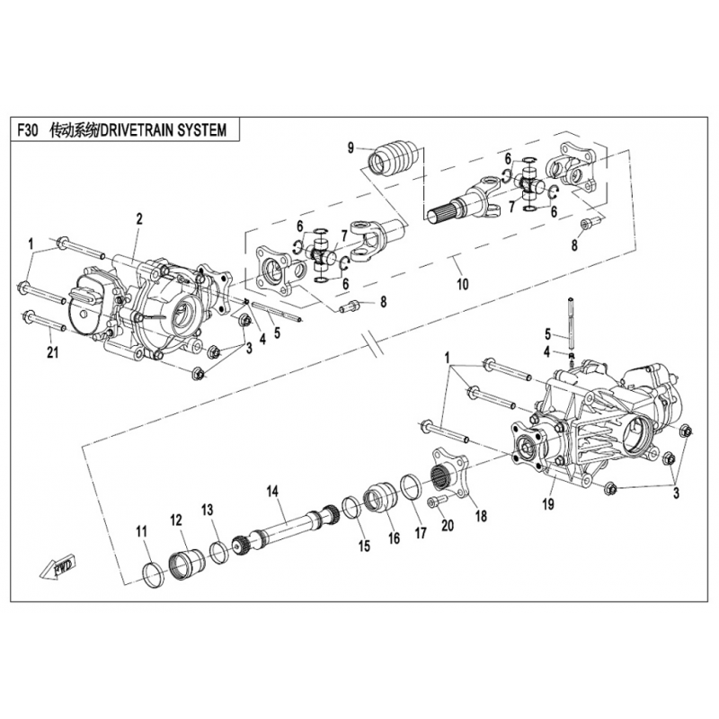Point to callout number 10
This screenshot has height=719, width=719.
tap(462, 285)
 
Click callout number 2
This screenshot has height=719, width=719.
tap(139, 218)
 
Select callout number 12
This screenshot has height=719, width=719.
tap(176, 519)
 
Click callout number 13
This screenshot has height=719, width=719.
tap(208, 510)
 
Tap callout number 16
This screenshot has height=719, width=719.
tap(393, 538)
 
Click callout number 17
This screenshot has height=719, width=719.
tap(420, 529)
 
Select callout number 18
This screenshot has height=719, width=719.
tap(480, 517)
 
